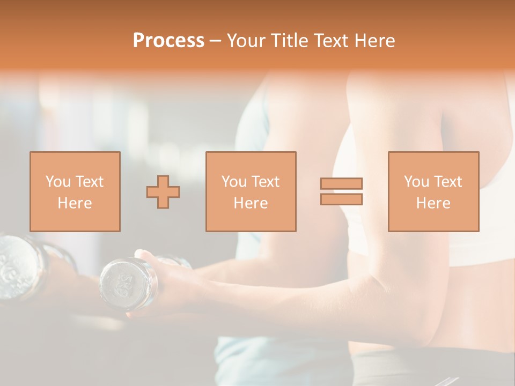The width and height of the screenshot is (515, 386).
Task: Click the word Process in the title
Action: coord(168,41)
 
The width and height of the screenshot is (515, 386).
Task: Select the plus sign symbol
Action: coord(163,191)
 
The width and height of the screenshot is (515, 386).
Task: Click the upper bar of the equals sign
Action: coord(341,183)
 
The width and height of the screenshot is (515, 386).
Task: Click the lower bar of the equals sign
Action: coord(341,199)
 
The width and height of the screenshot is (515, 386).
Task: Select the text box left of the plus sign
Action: coord(75,191)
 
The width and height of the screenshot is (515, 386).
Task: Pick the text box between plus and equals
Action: coord(251,191)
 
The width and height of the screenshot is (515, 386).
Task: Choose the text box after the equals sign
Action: coord(433,191)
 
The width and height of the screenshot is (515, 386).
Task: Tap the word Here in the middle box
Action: coord(251,203)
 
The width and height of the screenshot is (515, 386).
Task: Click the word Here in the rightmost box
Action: coord(433,203)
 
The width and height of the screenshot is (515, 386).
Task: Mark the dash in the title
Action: coord(215,41)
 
